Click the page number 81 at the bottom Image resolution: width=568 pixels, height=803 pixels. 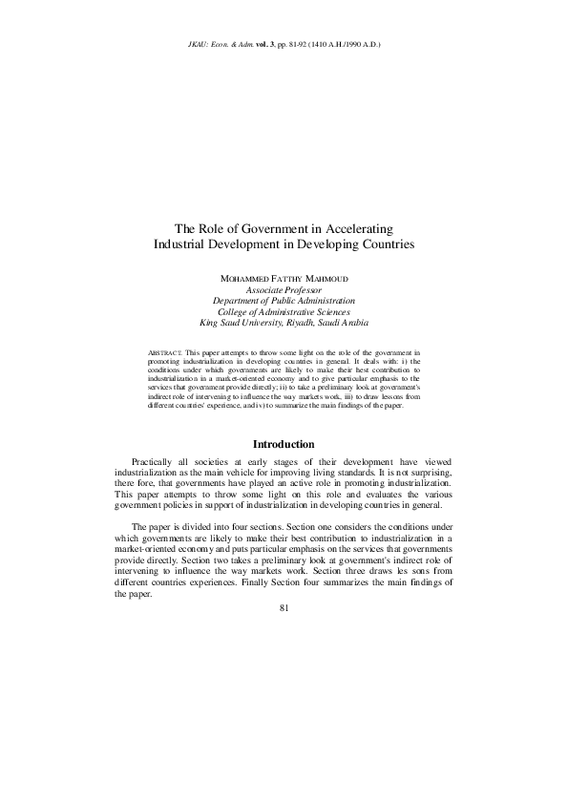pyautogui.click(x=284, y=611)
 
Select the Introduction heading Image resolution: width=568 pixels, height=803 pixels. pyautogui.click(x=284, y=444)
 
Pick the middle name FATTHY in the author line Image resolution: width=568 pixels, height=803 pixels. pyautogui.click(x=280, y=278)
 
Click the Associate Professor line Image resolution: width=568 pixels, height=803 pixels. pyautogui.click(x=284, y=288)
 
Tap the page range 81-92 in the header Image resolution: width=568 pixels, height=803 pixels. pyautogui.click(x=308, y=45)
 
